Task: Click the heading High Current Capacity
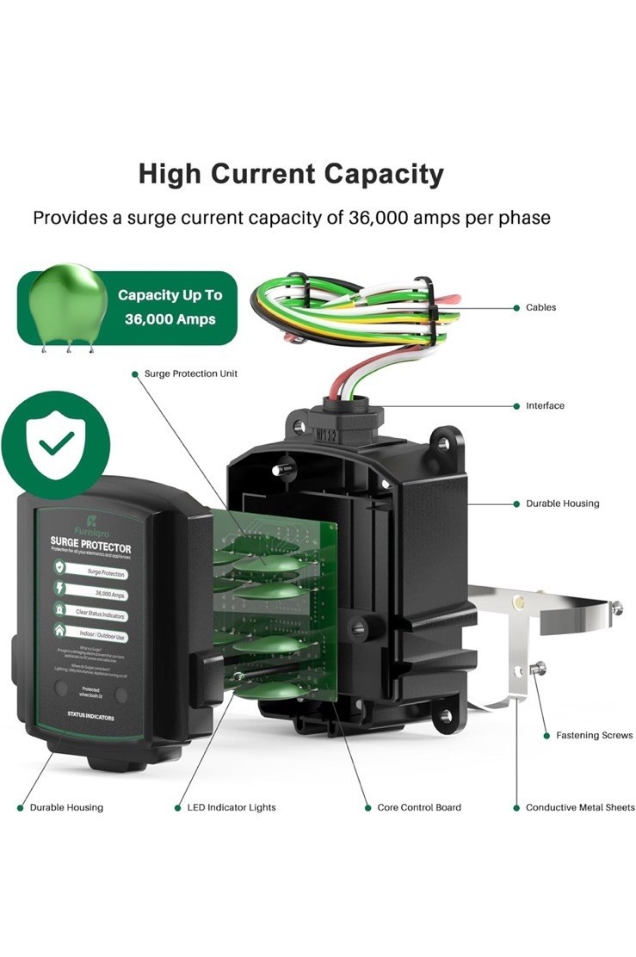tap(291, 174)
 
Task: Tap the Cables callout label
tap(540, 307)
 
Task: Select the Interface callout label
tap(545, 405)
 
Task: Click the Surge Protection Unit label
tap(191, 374)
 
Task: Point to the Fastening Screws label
tap(594, 735)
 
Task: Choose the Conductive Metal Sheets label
tap(580, 807)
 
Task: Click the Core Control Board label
tap(419, 807)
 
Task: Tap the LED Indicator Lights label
tap(232, 807)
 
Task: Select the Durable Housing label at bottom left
tap(66, 807)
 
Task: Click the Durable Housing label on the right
tap(562, 503)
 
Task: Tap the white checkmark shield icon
tap(56, 444)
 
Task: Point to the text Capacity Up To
tap(170, 295)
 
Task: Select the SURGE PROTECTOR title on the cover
tap(90, 547)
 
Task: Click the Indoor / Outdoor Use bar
tap(101, 637)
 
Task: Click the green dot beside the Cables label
tap(516, 307)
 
